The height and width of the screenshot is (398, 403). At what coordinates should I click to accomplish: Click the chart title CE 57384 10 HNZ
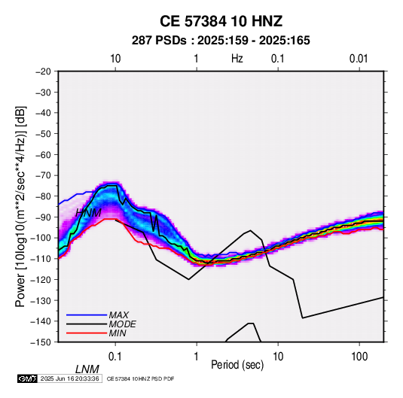(x=221, y=21)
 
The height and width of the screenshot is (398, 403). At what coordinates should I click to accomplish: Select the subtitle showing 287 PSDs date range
(x=221, y=41)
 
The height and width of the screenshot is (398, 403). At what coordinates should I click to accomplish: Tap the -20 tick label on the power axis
(x=43, y=71)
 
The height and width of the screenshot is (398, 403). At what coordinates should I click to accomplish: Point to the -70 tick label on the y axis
(x=43, y=175)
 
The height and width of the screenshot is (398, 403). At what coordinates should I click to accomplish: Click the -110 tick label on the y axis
(x=41, y=259)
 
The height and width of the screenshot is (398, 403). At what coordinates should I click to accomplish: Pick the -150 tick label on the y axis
(x=41, y=342)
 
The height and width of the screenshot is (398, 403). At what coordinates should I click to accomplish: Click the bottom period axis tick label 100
(x=359, y=357)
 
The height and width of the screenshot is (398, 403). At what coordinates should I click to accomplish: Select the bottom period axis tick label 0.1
(x=115, y=357)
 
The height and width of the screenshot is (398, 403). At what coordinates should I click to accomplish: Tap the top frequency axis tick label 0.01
(x=359, y=59)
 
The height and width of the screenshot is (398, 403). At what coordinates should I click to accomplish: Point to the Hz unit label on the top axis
(x=237, y=59)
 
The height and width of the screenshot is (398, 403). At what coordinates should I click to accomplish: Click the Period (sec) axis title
(x=237, y=365)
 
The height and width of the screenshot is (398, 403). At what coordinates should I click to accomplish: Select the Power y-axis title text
(x=20, y=206)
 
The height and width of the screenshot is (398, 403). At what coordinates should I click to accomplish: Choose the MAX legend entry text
(x=118, y=315)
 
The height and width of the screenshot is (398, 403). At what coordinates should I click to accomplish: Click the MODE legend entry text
(x=122, y=324)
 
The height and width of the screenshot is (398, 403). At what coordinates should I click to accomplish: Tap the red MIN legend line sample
(x=87, y=333)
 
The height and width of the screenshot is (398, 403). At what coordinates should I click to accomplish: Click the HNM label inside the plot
(x=88, y=213)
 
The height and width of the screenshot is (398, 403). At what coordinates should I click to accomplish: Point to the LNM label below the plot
(x=87, y=369)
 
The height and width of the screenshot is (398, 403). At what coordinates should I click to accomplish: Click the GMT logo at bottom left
(x=27, y=378)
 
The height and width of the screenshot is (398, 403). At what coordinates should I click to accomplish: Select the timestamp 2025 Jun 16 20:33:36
(x=70, y=378)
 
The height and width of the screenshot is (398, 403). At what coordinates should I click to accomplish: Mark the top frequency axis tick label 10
(x=115, y=59)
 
